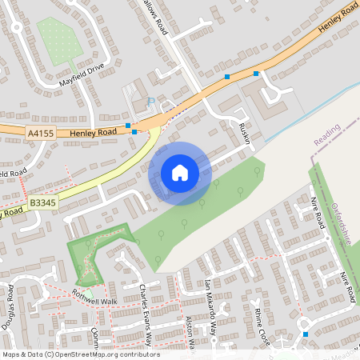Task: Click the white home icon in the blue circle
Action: coord(179,173)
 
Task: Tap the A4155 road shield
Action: coord(40,133)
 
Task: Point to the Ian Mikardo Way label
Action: coord(211,304)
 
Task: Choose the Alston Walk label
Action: coord(191,332)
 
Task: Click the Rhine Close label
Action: coord(262,323)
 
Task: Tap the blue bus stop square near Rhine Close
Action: coord(306,334)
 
